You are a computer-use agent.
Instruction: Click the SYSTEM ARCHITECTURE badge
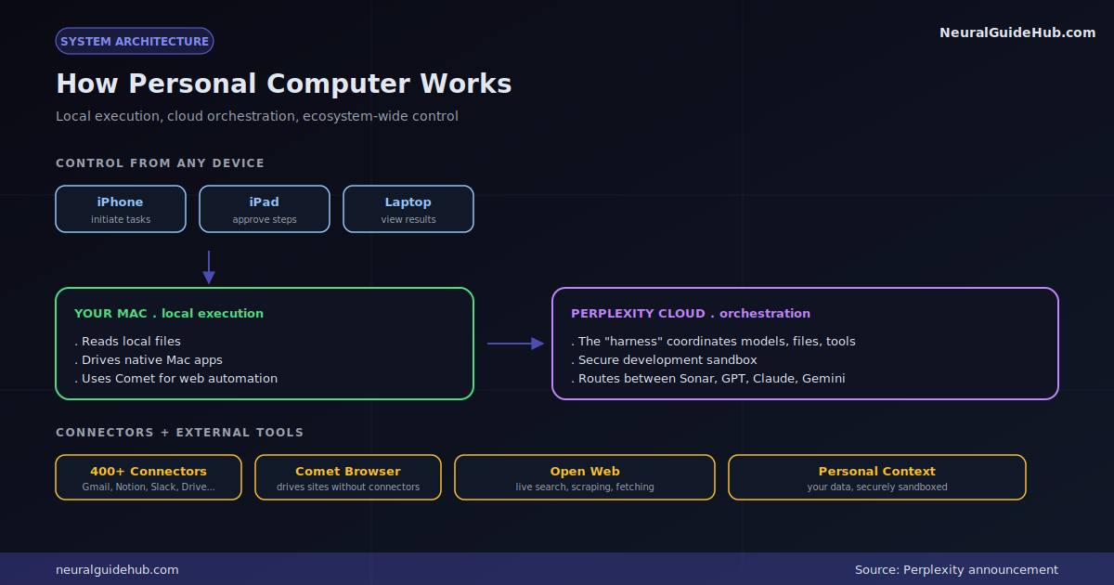click(135, 41)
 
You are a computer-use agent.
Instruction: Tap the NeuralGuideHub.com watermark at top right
click(1017, 32)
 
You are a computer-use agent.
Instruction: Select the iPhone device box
click(121, 209)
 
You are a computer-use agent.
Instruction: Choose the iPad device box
click(264, 209)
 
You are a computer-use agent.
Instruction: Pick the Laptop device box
click(408, 209)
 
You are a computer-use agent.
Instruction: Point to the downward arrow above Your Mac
click(209, 267)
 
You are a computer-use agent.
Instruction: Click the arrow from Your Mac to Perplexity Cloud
click(516, 344)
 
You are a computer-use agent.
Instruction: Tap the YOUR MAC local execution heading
click(169, 314)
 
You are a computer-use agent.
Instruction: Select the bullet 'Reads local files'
click(127, 342)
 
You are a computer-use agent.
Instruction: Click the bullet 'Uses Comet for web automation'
click(176, 379)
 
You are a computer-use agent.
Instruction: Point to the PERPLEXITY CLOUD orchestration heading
click(691, 314)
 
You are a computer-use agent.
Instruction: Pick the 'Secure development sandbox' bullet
click(664, 359)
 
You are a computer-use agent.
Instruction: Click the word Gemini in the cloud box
click(823, 379)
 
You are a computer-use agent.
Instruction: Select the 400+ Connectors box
click(149, 477)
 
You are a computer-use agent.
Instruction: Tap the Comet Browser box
click(348, 477)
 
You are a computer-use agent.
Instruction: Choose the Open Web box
click(585, 477)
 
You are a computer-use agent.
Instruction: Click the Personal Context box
click(877, 477)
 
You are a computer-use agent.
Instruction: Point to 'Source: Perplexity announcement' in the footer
click(956, 569)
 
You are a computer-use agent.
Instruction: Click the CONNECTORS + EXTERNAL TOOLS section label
click(179, 433)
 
